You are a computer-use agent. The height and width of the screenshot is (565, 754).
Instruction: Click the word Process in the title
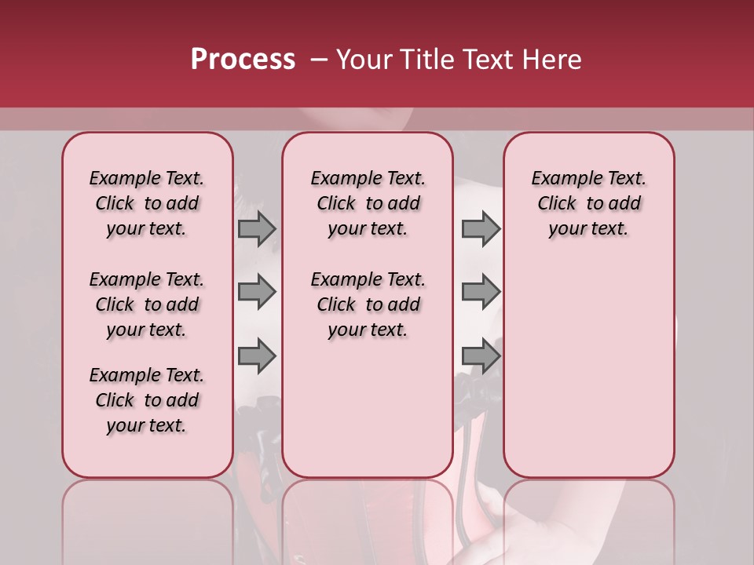[243, 60]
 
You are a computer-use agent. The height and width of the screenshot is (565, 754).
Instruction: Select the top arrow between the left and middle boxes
[257, 228]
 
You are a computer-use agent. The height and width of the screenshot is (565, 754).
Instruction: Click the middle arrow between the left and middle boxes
[257, 292]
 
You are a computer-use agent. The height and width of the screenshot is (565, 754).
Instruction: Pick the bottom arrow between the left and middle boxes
[257, 355]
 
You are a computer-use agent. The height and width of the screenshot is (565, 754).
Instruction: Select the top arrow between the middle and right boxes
[481, 228]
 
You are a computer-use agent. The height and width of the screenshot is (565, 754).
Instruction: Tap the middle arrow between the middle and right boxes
[481, 292]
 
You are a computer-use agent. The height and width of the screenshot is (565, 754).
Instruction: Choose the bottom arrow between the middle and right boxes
[481, 355]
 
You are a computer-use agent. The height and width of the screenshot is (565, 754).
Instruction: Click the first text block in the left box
[147, 203]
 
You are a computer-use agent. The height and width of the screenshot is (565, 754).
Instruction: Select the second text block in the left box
[147, 304]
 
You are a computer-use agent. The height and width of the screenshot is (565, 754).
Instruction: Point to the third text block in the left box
[147, 400]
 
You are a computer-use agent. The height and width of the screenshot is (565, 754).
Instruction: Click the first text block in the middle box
[368, 203]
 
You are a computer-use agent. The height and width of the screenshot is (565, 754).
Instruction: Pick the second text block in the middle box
[368, 304]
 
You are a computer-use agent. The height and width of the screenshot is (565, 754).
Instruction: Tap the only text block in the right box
[588, 203]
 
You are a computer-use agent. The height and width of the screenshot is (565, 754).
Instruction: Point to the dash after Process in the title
[317, 60]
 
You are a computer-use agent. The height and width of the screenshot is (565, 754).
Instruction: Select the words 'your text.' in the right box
[588, 229]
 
